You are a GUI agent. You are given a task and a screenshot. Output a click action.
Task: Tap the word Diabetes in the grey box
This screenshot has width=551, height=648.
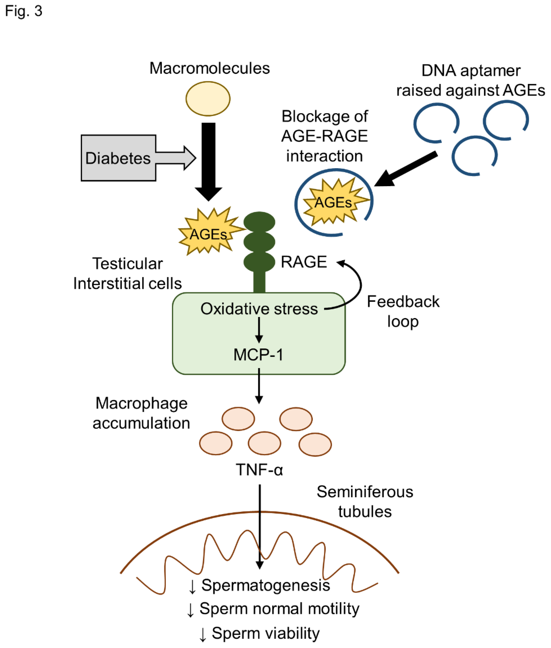[x=118, y=158]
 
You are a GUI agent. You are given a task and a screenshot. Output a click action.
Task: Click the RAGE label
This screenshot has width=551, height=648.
[x=304, y=262]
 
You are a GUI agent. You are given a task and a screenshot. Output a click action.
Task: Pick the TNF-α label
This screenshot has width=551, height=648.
[x=259, y=469]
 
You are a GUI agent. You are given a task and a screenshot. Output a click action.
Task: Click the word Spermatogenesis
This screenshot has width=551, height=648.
[x=265, y=585]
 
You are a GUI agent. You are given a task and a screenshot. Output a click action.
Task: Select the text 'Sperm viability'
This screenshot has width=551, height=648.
[x=265, y=633]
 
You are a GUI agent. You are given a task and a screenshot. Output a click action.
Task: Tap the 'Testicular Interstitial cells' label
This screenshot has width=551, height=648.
[x=127, y=273]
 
